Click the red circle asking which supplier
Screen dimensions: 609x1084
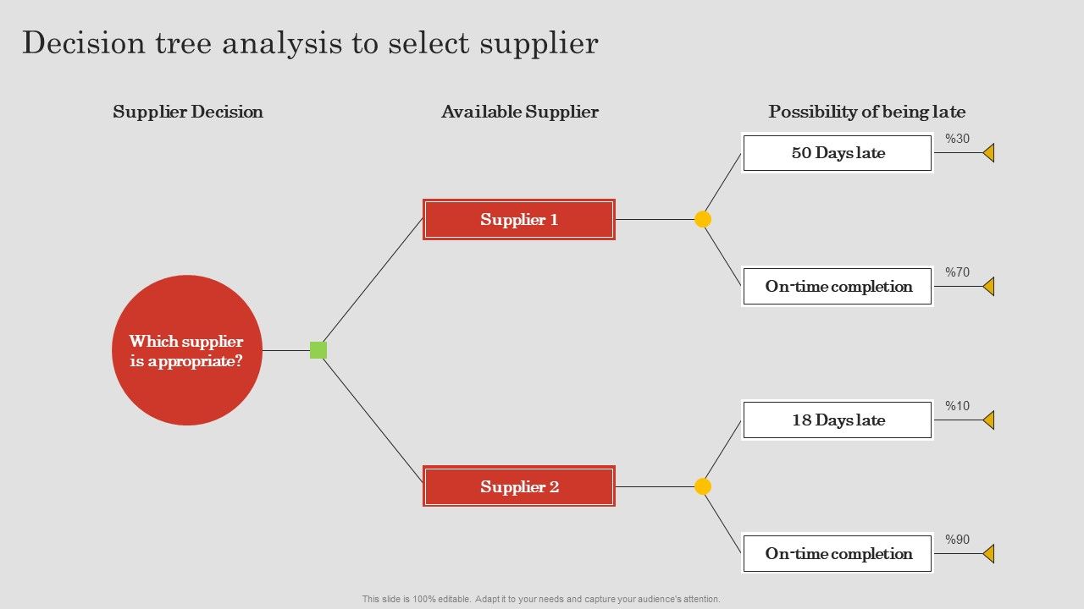point(187,350)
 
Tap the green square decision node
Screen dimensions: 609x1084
point(318,350)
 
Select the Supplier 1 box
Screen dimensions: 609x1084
point(519,220)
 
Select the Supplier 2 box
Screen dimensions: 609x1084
point(519,486)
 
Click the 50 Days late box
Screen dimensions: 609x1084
point(838,153)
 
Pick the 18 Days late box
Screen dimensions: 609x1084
point(838,420)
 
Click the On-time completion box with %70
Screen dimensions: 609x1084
point(838,287)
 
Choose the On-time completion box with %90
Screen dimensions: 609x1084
point(838,554)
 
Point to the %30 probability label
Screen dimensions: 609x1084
point(958,139)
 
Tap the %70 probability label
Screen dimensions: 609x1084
point(958,272)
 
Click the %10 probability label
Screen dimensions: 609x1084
point(958,406)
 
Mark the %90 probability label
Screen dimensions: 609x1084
point(958,540)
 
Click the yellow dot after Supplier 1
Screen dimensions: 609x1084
point(703,220)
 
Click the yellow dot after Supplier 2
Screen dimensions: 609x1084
point(703,486)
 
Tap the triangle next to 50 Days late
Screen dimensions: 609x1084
point(989,153)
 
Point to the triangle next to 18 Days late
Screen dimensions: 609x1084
point(989,420)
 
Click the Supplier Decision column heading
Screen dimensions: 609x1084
point(188,112)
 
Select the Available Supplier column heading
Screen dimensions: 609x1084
point(519,112)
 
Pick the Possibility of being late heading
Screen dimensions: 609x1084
point(866,112)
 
